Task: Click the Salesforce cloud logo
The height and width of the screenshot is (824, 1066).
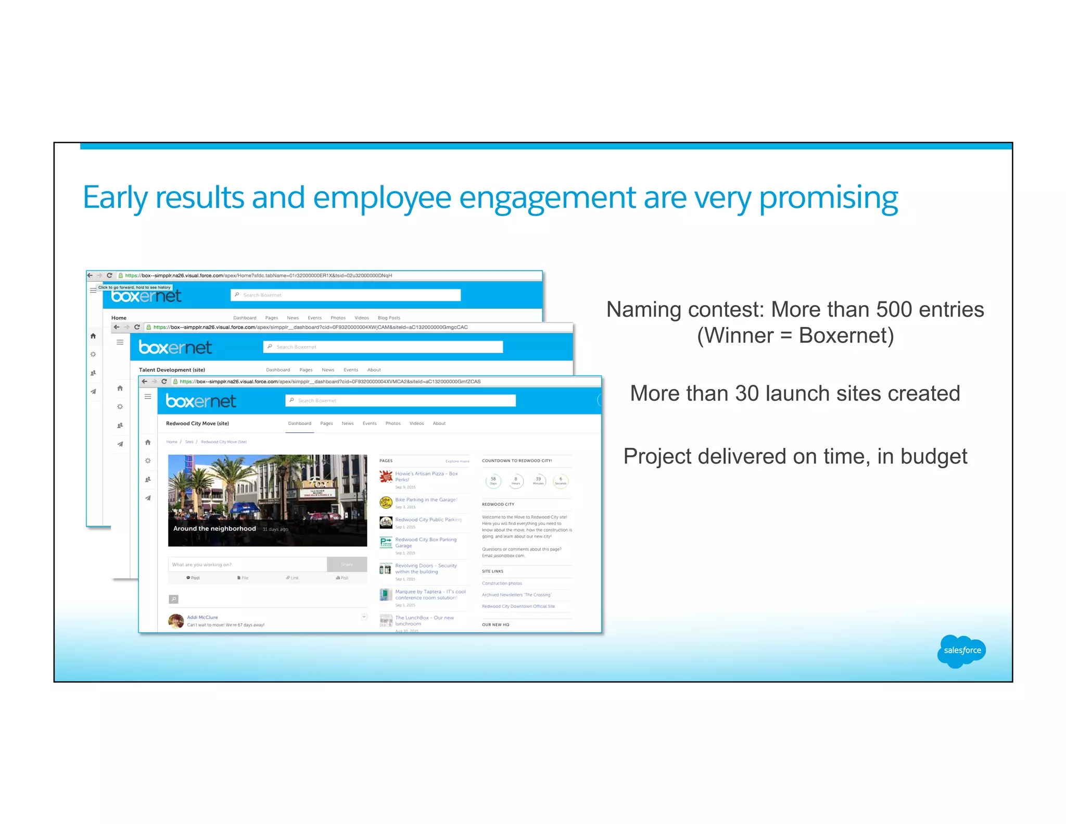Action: (961, 651)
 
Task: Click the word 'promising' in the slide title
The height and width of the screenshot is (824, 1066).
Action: (828, 198)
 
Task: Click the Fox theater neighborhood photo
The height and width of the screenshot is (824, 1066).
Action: (268, 500)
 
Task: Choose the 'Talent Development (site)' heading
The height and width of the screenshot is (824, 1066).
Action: (172, 370)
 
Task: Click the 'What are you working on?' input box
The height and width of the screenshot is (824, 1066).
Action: (248, 565)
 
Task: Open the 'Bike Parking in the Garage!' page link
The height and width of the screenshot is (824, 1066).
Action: (426, 500)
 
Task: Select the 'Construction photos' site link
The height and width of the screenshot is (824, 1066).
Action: (502, 583)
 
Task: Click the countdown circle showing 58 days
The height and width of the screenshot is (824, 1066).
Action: (493, 481)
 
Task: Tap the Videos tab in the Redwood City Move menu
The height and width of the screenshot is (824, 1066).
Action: (416, 423)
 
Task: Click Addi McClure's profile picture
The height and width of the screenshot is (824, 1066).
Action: (176, 621)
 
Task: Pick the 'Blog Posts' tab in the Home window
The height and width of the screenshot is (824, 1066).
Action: (389, 318)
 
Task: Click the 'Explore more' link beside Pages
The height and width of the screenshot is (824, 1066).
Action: (457, 461)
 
